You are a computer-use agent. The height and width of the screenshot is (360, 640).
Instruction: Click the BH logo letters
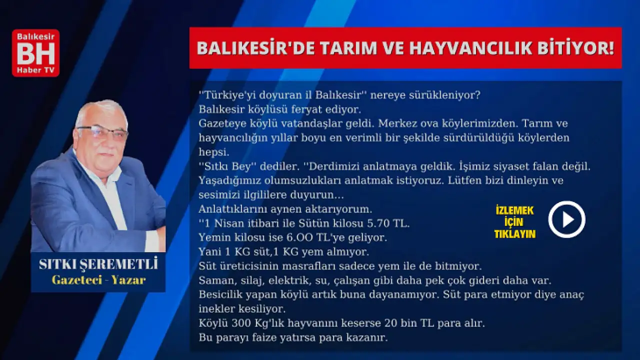point(35,53)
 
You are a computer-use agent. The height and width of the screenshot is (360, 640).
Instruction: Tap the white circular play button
point(566,219)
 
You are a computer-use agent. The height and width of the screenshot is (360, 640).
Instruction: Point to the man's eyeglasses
point(102,132)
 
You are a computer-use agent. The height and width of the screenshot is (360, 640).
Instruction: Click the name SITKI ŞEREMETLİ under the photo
point(98,264)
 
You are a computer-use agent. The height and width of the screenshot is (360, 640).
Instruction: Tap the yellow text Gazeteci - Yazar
point(99,280)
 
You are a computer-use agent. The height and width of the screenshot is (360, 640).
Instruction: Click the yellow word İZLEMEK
point(514,210)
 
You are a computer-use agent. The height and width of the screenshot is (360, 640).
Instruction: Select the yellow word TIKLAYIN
point(515,234)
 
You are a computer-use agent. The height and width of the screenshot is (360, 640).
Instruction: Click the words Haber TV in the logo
point(35,70)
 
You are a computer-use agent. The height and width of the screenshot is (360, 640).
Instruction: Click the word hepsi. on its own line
point(214,152)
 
